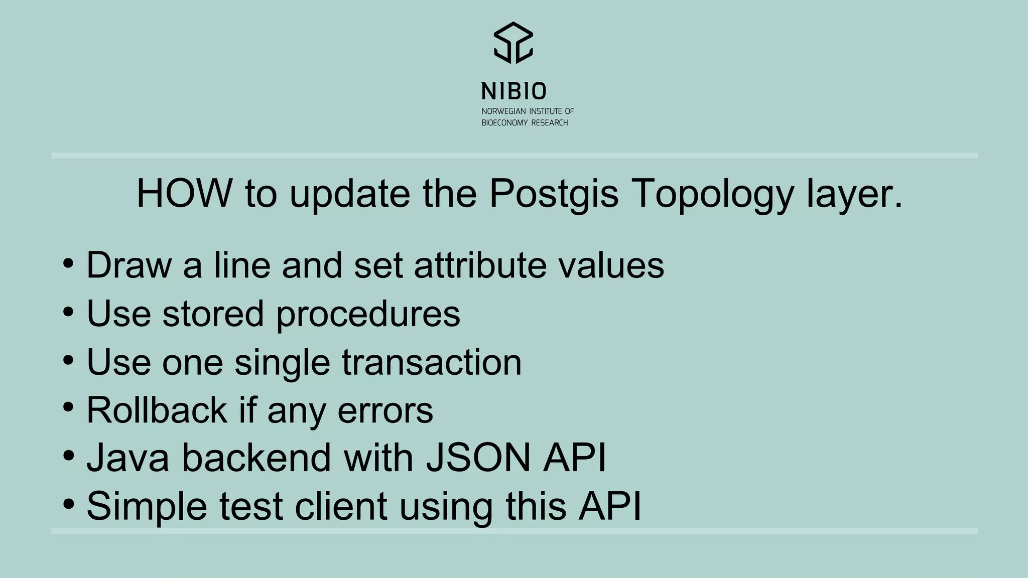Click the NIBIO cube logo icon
point(513,43)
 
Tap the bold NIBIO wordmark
point(513,91)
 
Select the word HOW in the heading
point(184,193)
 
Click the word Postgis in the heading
point(554,194)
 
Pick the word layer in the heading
point(854,194)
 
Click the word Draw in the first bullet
point(129,265)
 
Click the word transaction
point(432,362)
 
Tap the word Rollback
point(157,410)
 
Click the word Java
point(128,458)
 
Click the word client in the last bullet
point(341,506)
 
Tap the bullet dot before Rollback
point(69,407)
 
